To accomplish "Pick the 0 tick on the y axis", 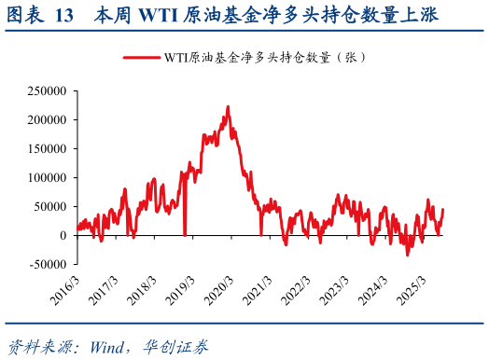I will tap(64, 235).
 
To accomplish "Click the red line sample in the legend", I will tap(141, 57).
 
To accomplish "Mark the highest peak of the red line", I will tap(227, 106).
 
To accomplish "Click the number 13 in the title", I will tap(64, 17).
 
